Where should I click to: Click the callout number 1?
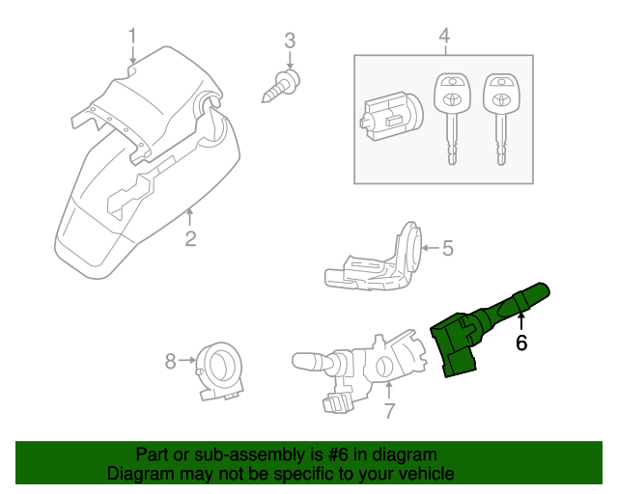[132, 36]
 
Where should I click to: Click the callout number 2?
[190, 238]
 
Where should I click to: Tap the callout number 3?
[289, 41]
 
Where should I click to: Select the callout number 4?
[444, 36]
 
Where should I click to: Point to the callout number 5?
[447, 249]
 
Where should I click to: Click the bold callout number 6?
[521, 343]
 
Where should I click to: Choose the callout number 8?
[170, 362]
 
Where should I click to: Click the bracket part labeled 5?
[377, 262]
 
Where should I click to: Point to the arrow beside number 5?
[430, 249]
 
